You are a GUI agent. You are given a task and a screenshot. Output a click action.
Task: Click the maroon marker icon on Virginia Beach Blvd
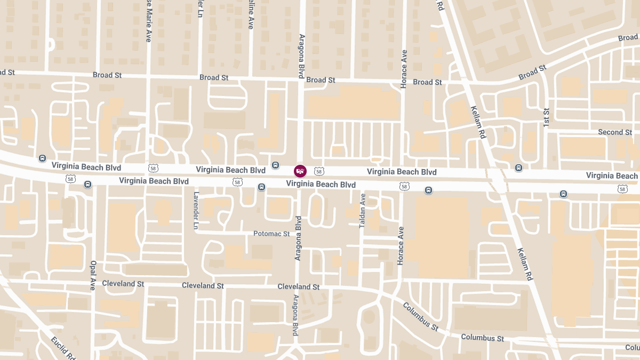pos(300,171)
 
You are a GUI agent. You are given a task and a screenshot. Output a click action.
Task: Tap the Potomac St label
pos(271,234)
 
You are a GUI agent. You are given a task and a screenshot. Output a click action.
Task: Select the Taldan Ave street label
pos(363,211)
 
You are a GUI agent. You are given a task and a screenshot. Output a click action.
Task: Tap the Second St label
pos(614,132)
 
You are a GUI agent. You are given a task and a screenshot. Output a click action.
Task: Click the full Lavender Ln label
pos(196,211)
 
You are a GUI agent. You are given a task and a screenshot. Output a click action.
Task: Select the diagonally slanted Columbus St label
pos(420,316)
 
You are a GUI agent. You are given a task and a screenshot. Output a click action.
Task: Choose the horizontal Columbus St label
pos(482,338)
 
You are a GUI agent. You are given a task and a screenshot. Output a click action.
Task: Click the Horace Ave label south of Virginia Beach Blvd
pos(401,245)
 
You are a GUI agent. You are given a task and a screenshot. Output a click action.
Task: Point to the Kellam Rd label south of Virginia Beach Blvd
pos(525,264)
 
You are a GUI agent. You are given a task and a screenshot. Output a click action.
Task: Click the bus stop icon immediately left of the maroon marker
pos(275,165)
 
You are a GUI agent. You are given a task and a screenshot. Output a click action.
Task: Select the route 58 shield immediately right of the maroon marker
pos(319,171)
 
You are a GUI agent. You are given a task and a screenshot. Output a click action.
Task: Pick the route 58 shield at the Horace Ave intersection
pos(404,186)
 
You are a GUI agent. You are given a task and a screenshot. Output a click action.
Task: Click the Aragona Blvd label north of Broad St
pos(301,56)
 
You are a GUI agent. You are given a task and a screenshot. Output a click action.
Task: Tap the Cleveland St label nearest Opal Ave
pos(123,284)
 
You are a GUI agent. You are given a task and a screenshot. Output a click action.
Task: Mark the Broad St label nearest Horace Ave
pos(427,82)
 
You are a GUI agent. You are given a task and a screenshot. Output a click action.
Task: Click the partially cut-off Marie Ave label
pos(148,21)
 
